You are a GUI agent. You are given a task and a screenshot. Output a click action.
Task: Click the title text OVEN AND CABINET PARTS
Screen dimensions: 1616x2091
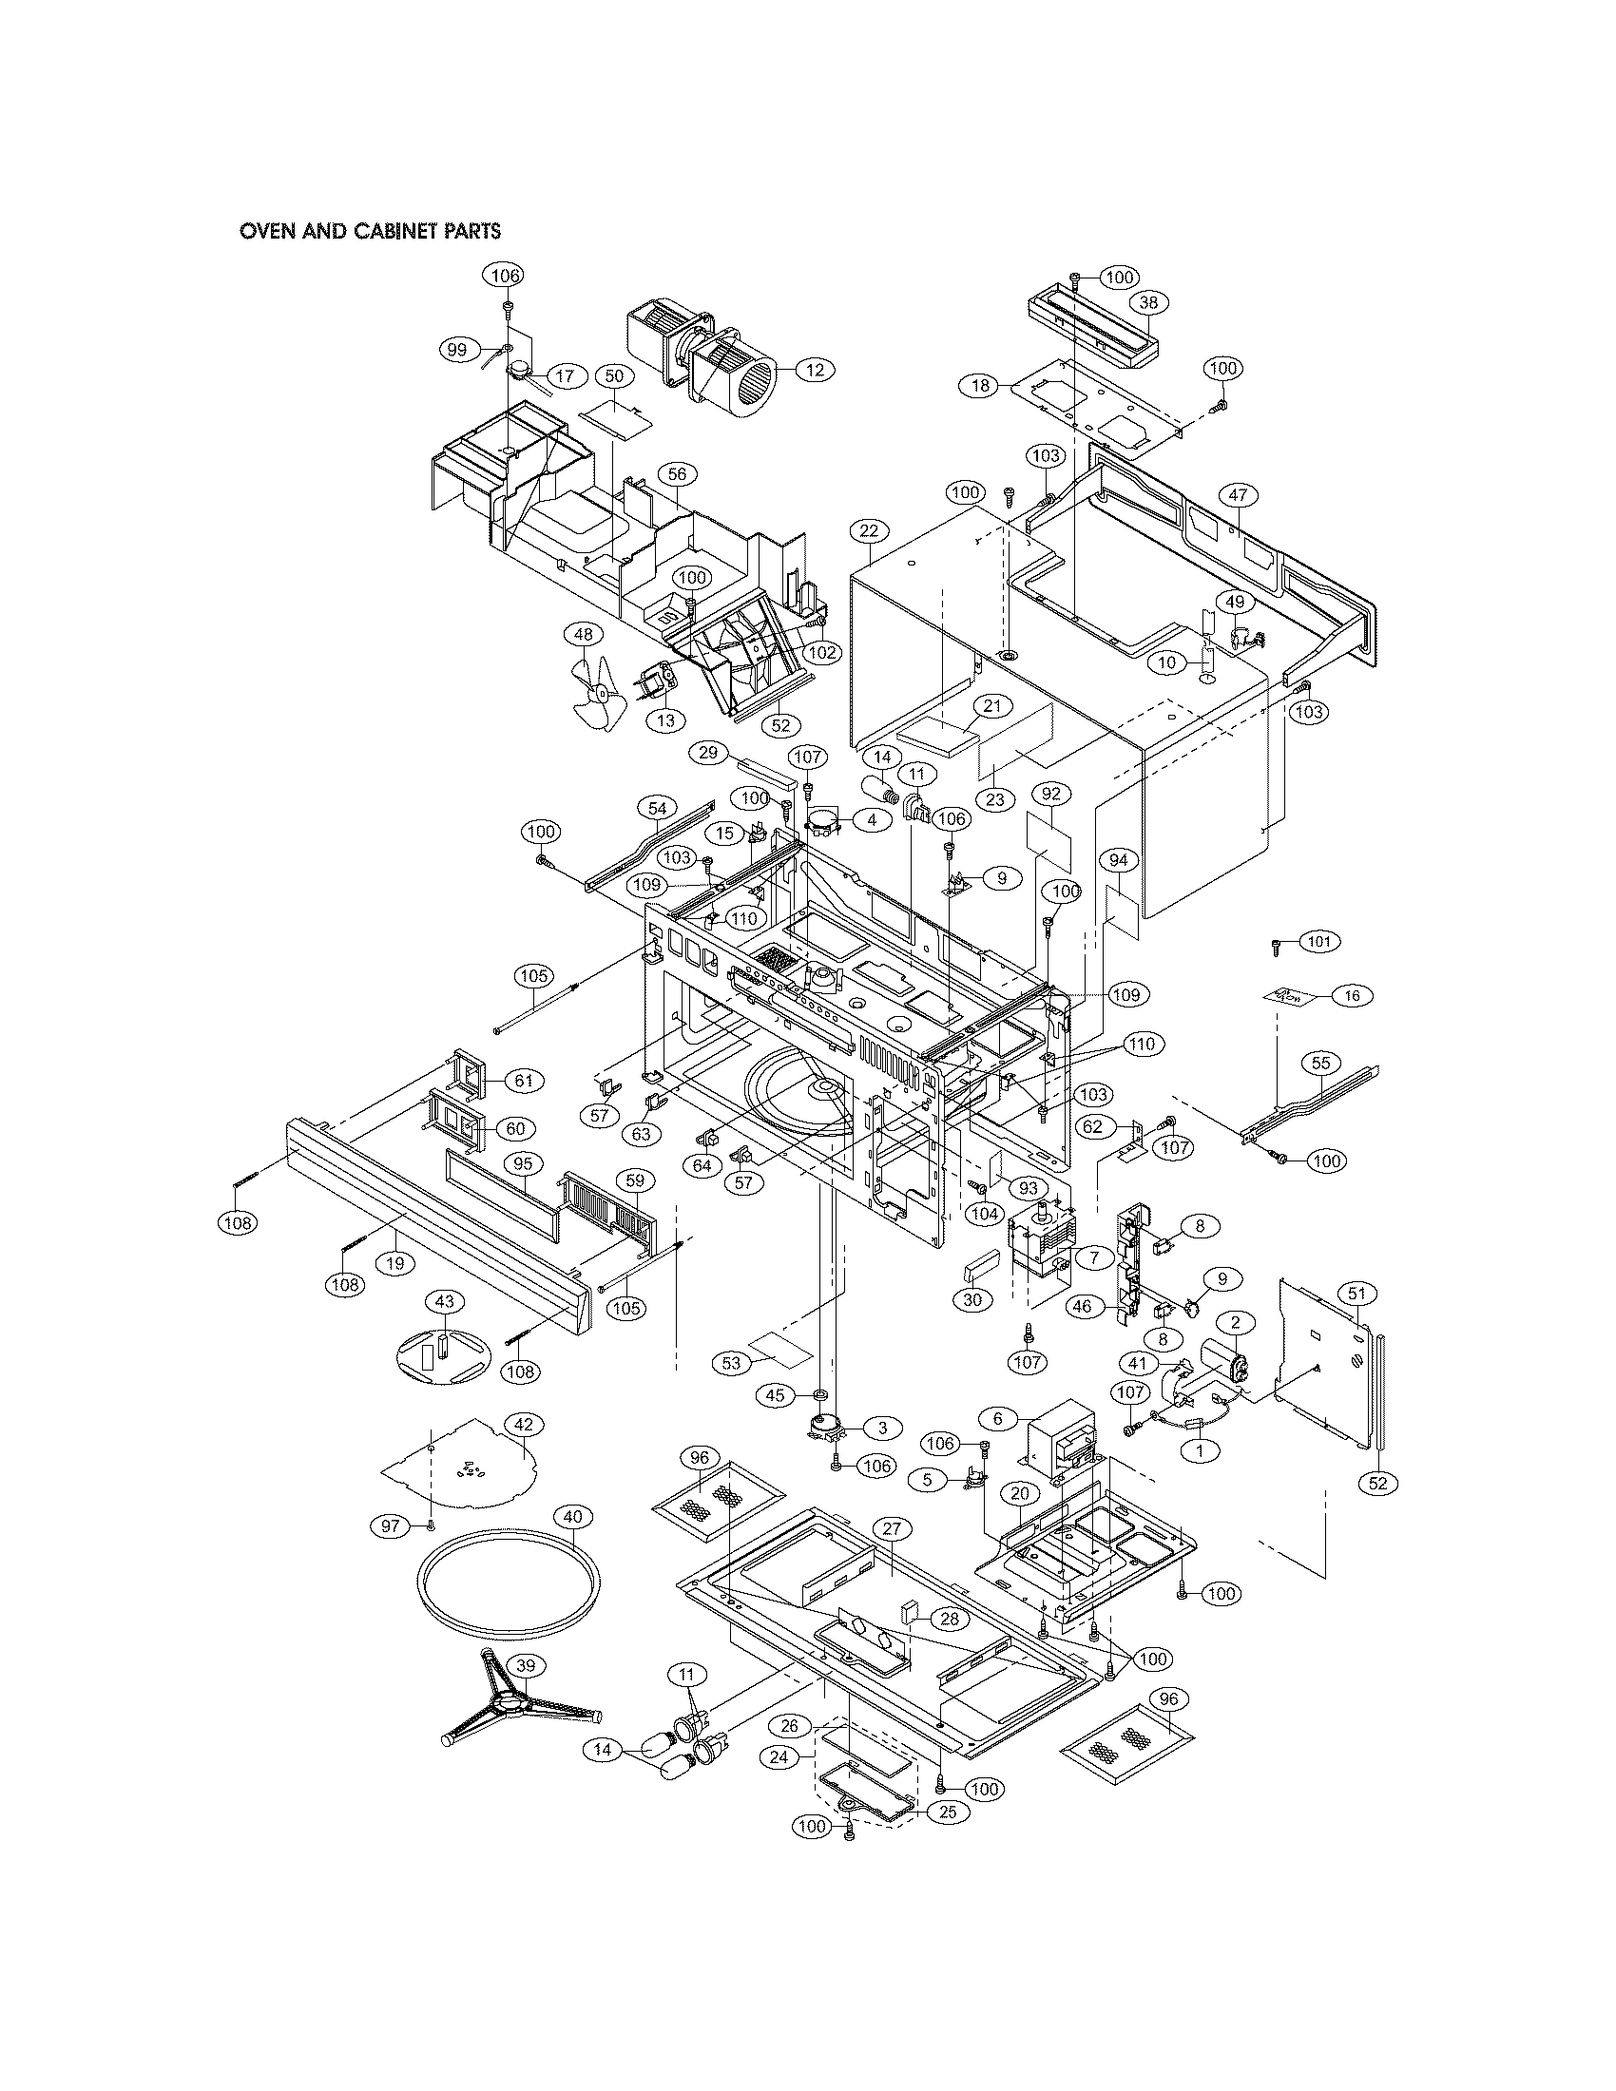pos(371,231)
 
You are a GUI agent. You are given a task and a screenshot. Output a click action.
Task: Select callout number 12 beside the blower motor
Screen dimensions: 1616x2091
pos(815,371)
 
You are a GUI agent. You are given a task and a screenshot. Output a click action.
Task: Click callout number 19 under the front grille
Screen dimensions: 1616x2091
pos(394,1263)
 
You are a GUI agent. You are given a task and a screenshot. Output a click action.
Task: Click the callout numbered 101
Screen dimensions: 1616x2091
pos(1319,942)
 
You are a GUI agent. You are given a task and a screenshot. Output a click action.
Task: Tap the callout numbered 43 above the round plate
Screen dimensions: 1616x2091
pos(444,1301)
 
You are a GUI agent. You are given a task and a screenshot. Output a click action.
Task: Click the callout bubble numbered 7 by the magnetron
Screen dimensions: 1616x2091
pos(1093,1257)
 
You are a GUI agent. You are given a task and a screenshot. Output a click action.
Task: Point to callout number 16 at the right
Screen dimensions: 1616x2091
pos(1352,996)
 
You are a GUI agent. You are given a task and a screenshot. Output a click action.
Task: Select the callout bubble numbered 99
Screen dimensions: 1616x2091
pos(457,351)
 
